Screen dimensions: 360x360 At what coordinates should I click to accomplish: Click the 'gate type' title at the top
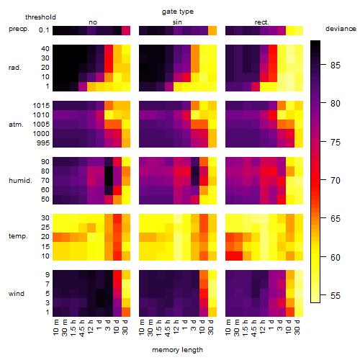tap(178, 12)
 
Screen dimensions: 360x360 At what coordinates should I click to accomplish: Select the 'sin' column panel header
tap(177, 22)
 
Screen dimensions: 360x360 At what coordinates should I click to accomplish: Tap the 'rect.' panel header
tap(261, 22)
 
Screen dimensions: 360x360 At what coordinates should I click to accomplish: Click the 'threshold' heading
tap(40, 17)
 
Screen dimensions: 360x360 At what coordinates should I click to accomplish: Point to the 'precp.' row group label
tap(19, 29)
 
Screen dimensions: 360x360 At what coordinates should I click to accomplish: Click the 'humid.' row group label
tap(20, 180)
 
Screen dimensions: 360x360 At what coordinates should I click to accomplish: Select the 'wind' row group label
tap(17, 293)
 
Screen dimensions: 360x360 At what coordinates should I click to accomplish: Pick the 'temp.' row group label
tap(18, 236)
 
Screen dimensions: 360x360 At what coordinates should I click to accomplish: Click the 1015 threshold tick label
tap(41, 105)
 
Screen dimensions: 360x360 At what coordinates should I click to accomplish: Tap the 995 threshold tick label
tap(43, 143)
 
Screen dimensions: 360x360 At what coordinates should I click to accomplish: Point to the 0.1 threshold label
tap(44, 30)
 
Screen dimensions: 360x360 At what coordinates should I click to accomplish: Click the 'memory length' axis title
tap(177, 350)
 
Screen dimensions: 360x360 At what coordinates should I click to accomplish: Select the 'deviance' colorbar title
tap(341, 29)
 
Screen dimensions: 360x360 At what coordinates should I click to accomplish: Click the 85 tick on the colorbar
tap(336, 65)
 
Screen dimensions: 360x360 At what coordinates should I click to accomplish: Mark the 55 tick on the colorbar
tap(336, 295)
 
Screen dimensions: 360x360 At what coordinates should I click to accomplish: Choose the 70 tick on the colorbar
tap(336, 180)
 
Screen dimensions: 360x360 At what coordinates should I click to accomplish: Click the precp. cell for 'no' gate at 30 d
tap(126, 30)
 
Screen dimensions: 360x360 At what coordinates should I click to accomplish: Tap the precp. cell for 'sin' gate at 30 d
tap(212, 30)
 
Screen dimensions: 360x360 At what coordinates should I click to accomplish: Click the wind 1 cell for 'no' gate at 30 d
tap(126, 312)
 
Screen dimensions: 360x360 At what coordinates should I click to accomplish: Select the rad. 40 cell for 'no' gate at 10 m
tap(57, 49)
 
